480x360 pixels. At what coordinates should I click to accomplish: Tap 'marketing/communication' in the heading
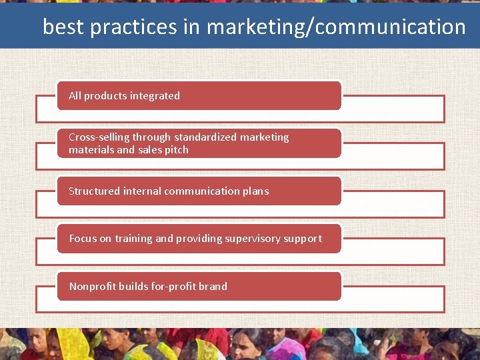click(336, 27)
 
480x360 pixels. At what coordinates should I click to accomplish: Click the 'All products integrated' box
click(199, 95)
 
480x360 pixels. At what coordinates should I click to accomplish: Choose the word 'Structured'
click(95, 191)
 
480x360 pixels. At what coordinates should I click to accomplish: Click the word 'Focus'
click(83, 239)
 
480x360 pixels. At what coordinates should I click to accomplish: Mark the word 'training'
click(133, 239)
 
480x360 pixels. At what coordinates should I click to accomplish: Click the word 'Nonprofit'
click(92, 287)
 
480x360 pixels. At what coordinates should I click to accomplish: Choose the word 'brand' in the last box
click(213, 287)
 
